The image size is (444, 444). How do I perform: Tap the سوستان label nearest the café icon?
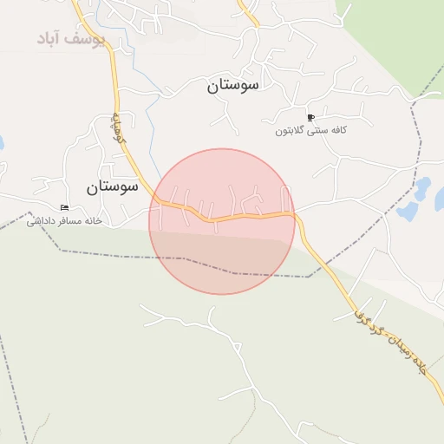click(238, 86)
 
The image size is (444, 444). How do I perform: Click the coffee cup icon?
click(310, 117)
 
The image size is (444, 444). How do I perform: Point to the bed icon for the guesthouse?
click(63, 208)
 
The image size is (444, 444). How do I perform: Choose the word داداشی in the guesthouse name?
click(42, 221)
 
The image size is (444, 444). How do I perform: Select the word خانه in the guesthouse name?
click(94, 221)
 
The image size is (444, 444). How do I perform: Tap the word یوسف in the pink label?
click(89, 39)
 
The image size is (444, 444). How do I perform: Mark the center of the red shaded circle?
click(222, 221)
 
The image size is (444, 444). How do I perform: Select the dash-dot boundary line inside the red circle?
click(221, 268)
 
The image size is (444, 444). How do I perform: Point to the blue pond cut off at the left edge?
click(2, 141)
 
